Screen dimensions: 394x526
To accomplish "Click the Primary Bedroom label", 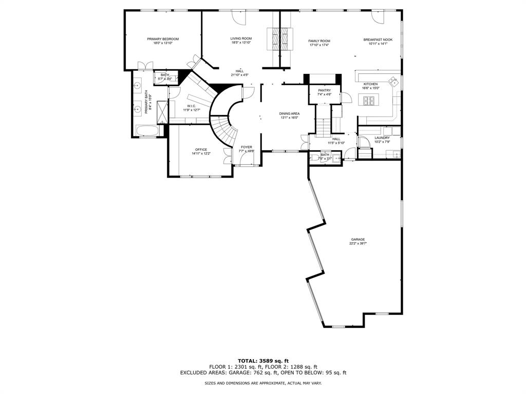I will tap(162, 39).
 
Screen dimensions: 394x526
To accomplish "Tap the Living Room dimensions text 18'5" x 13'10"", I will tap(240, 43).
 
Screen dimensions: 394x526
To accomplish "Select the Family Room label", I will tap(319, 41).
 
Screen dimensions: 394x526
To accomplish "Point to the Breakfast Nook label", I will tap(378, 40).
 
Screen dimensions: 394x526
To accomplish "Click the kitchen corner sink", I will tap(393, 81).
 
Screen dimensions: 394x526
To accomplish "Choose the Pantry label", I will tap(324, 90).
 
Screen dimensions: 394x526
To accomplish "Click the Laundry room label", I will tap(382, 137).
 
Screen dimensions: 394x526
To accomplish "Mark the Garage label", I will tap(358, 240).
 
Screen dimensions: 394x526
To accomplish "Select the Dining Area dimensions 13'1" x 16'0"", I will tap(290, 118).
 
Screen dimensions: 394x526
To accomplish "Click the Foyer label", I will tap(247, 147).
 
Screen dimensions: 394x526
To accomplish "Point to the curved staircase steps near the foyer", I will tap(220, 125).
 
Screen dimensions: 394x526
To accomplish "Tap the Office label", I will tap(201, 150).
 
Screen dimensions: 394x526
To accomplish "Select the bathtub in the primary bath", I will tap(148, 130).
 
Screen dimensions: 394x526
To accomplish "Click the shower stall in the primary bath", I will tap(162, 112).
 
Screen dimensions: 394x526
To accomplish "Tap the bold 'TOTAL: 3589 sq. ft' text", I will tap(262, 361).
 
